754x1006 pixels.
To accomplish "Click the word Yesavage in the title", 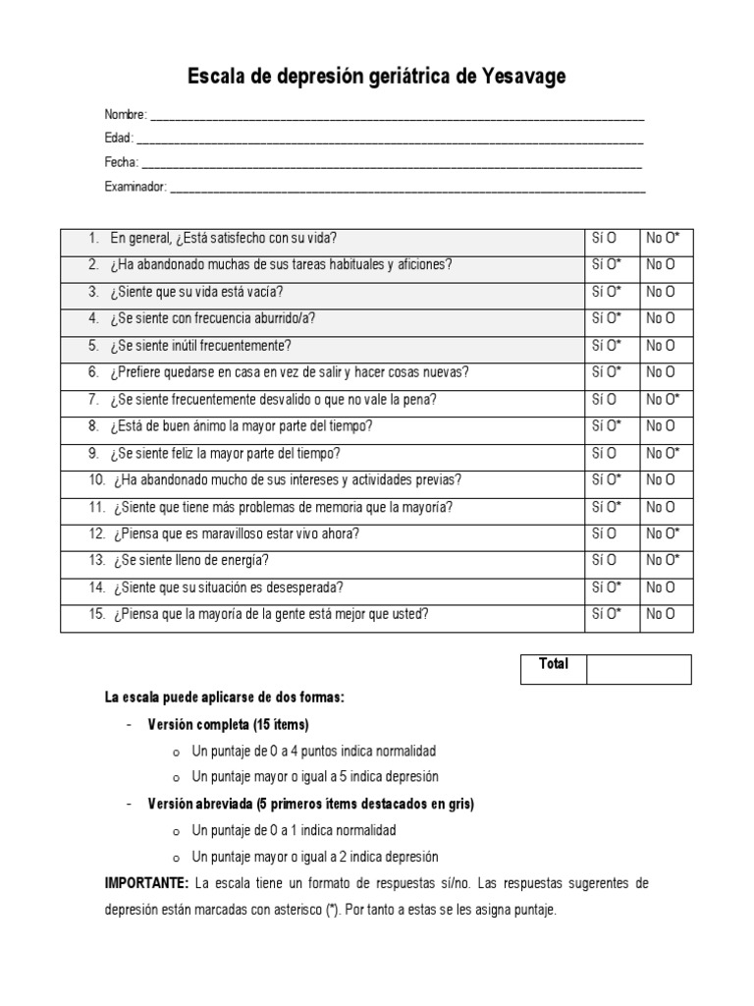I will pos(524,76).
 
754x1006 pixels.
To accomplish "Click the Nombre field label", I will pos(126,115).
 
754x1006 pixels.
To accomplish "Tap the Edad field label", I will pos(119,139).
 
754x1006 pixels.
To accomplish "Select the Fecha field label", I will pos(122,162).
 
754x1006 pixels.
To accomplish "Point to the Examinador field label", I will pos(135,187).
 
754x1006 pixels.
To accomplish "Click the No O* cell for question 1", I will pos(663,238).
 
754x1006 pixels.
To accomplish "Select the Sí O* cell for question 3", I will pos(607,292).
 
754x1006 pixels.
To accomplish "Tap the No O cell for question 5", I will pos(661,345).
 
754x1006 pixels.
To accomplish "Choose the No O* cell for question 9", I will pos(663,453).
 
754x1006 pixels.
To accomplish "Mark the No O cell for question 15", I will pos(661,614).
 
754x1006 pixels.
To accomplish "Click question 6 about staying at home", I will pos(290,372).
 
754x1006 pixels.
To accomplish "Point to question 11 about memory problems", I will pos(284,507).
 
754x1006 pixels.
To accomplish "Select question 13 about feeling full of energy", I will pos(190,560).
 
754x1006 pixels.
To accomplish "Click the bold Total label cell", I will pos(554,664).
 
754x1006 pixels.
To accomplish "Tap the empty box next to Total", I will pos(639,669).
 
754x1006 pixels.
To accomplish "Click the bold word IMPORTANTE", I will pos(146,883).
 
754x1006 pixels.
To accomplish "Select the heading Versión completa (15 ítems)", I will pos(228,724).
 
